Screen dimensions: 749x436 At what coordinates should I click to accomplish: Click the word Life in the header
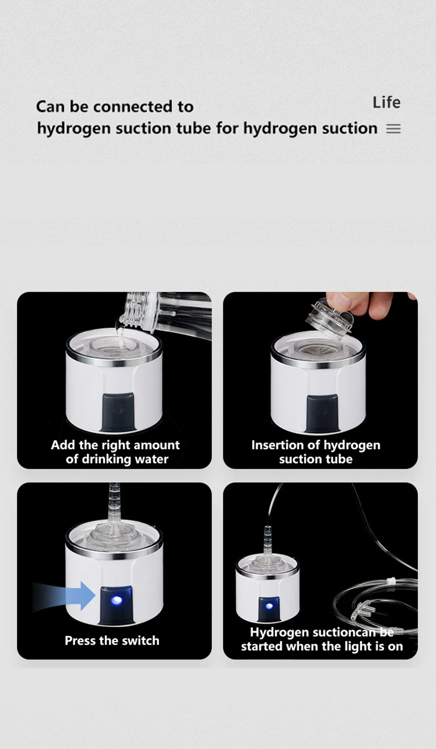386,103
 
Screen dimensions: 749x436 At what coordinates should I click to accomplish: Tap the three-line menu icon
393,129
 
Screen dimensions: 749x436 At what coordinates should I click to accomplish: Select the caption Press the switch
112,640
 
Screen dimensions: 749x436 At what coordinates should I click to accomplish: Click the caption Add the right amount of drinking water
115,452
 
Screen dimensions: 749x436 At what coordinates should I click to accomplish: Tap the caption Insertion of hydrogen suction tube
316,452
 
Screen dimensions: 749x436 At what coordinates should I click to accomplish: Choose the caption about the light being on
322,639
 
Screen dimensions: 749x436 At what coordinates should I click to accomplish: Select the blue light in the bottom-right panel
269,606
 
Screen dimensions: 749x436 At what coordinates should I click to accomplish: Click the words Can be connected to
115,106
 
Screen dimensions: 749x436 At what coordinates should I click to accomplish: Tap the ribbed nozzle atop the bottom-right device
268,537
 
